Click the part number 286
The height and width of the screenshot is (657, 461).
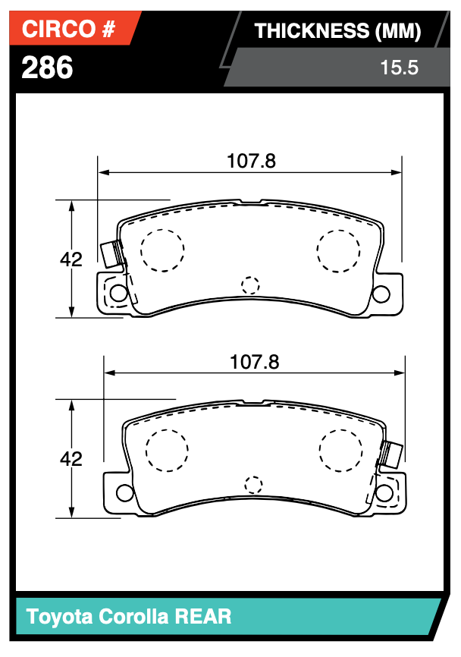pyautogui.click(x=48, y=68)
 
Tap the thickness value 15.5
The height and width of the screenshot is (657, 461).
pyautogui.click(x=399, y=68)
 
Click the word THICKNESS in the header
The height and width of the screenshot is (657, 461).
pyautogui.click(x=311, y=31)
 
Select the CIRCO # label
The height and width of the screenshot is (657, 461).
pyautogui.click(x=68, y=30)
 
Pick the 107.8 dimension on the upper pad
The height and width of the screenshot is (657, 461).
pyautogui.click(x=250, y=161)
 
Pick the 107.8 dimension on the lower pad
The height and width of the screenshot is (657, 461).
pyautogui.click(x=254, y=362)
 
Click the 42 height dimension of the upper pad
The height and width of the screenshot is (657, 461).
pyautogui.click(x=71, y=259)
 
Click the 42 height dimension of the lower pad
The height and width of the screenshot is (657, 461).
pyautogui.click(x=71, y=459)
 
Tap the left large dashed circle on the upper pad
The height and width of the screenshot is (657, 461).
pyautogui.click(x=162, y=250)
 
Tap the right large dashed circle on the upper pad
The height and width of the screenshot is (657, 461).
pyautogui.click(x=338, y=249)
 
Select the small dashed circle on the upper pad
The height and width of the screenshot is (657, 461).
pyautogui.click(x=250, y=285)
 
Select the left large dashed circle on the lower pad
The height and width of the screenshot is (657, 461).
pyautogui.click(x=166, y=450)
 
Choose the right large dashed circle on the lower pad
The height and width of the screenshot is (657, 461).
pyautogui.click(x=341, y=449)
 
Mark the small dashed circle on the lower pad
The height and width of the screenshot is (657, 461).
pyautogui.click(x=253, y=485)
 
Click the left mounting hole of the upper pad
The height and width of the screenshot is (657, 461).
pyautogui.click(x=119, y=293)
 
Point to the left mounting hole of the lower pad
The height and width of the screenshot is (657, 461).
pyautogui.click(x=123, y=493)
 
